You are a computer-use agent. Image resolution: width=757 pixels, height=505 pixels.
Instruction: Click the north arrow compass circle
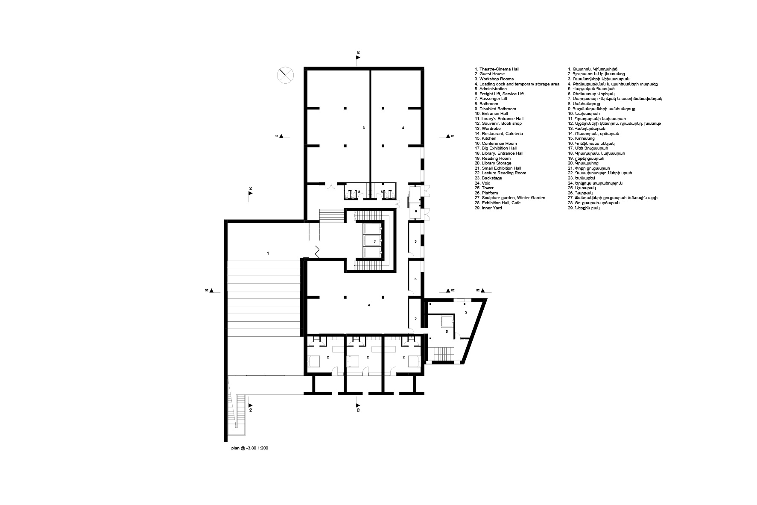tap(285, 75)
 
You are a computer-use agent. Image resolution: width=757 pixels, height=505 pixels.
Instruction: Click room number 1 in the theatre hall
tap(268, 253)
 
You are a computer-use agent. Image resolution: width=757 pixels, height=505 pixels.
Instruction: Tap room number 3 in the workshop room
tap(363, 128)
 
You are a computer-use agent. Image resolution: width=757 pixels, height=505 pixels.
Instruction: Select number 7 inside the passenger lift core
tap(374, 242)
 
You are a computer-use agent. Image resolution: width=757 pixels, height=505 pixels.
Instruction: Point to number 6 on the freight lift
tap(415, 211)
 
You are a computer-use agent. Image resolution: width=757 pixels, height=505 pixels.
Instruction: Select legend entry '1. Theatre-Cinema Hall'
tap(497, 69)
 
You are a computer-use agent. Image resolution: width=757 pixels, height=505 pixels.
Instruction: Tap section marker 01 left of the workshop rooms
tap(282, 136)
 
